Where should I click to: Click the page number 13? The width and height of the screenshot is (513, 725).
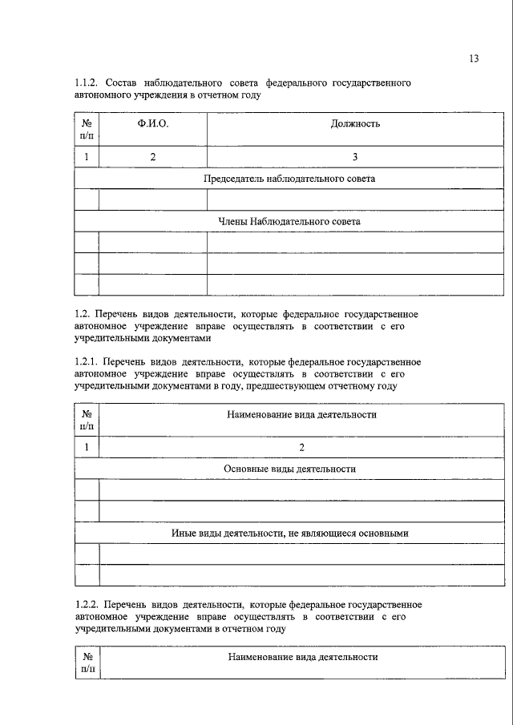474,58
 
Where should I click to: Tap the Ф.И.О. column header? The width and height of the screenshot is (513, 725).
152,123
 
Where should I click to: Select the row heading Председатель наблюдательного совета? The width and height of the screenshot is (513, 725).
289,179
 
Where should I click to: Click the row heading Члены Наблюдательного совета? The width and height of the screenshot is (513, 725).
289,220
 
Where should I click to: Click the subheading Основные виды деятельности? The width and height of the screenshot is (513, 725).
289,469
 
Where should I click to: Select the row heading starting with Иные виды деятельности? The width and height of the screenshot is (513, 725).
289,533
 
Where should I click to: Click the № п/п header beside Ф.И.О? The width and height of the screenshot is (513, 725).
87,130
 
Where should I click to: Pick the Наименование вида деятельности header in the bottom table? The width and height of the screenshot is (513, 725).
302,656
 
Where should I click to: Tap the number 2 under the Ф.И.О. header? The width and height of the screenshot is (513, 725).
152,156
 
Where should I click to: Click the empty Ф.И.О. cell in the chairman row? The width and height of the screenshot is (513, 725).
152,199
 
